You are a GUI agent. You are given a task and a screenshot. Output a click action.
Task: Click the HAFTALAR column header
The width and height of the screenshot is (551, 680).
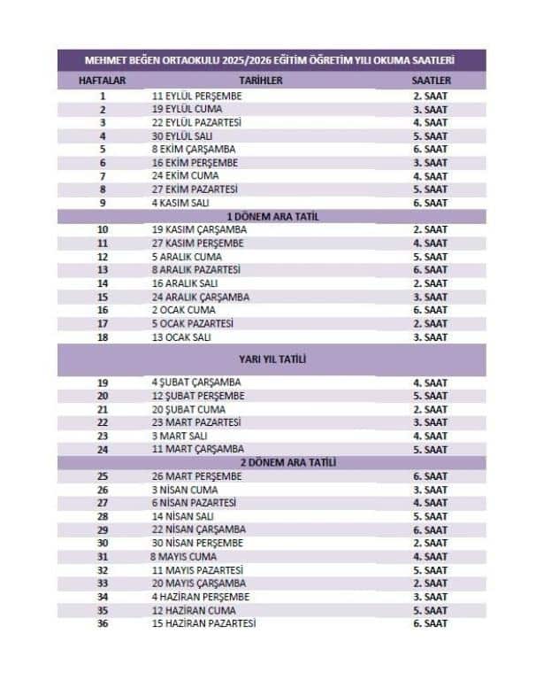[x=103, y=81]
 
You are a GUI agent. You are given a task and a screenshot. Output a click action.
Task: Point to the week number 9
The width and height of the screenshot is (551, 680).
[x=103, y=203]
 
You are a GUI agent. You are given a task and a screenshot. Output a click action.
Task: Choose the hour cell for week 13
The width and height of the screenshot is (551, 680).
[x=430, y=269]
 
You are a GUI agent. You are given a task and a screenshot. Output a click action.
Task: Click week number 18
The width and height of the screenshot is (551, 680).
[x=103, y=337]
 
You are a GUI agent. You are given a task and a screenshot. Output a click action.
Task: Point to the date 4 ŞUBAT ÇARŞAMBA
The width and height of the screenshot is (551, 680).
[x=198, y=382]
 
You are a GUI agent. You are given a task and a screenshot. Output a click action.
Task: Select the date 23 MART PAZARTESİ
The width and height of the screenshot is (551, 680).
[x=197, y=422]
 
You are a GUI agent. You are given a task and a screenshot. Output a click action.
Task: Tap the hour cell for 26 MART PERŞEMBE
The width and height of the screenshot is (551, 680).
[x=430, y=476]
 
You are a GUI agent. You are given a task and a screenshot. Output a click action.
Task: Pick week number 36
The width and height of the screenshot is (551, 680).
[x=103, y=623]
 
